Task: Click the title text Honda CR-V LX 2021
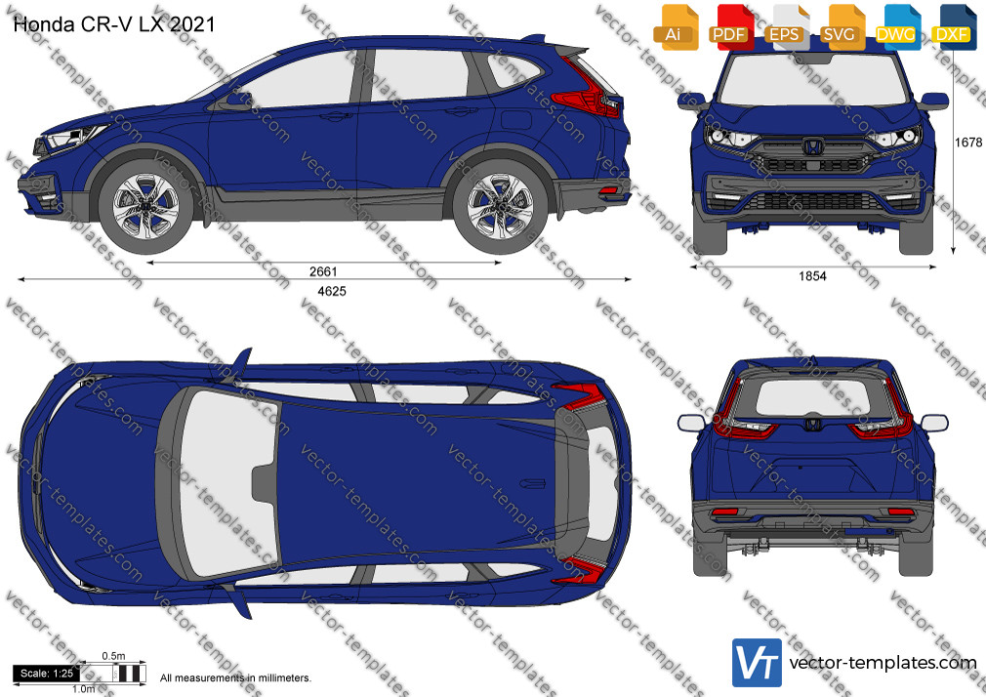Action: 114,24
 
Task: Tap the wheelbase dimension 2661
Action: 323,271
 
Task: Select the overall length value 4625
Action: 332,291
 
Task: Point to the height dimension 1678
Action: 968,143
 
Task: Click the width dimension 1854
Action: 812,276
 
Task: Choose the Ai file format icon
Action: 676,27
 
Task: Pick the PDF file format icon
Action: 731,27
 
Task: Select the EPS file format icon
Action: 787,27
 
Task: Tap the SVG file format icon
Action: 842,27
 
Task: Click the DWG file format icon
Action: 897,27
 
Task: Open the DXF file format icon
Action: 954,27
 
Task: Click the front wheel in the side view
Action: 145,206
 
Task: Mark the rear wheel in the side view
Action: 501,206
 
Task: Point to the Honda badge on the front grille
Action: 812,147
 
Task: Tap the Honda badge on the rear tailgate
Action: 812,425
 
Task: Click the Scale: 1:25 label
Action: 47,674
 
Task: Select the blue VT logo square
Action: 757,663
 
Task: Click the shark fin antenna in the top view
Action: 533,483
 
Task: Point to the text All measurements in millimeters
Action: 235,678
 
